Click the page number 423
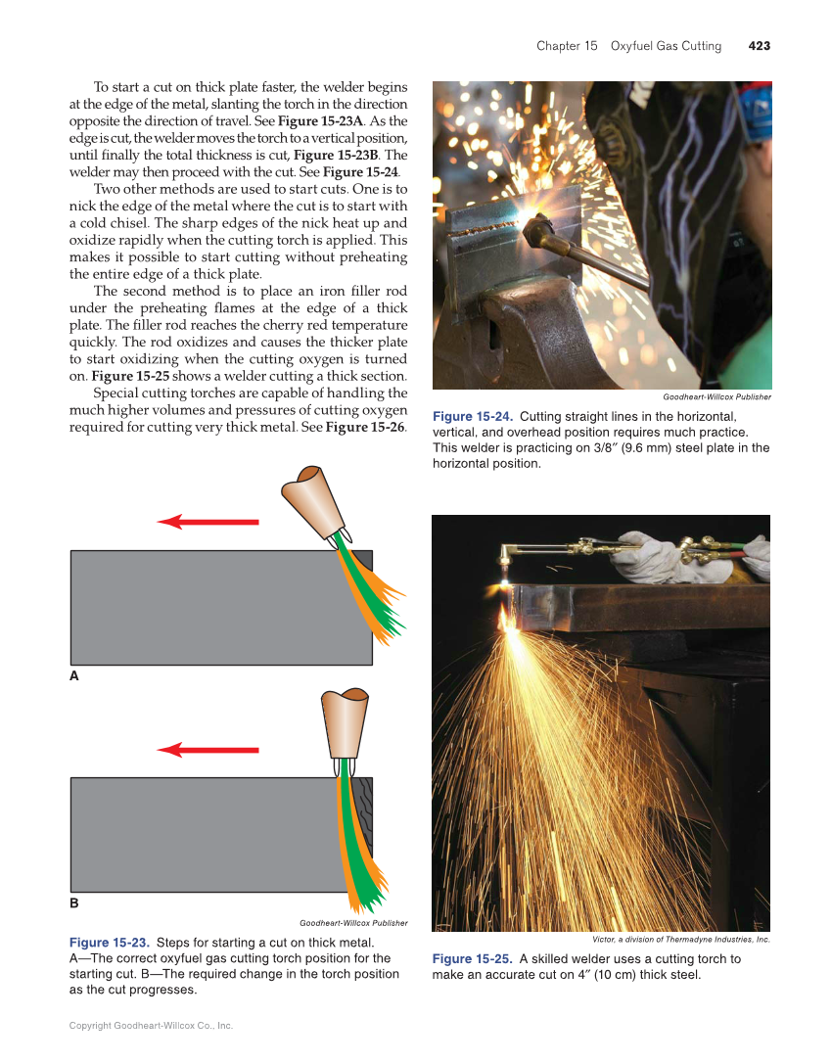(x=759, y=46)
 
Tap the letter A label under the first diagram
(x=73, y=676)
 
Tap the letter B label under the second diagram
(x=73, y=902)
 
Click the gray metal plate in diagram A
(x=196, y=607)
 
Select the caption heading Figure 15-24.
(x=473, y=417)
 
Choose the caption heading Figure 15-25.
(x=473, y=958)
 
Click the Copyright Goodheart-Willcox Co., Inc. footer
(x=151, y=1025)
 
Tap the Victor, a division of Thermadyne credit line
(x=681, y=939)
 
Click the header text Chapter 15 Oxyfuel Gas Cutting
(x=628, y=46)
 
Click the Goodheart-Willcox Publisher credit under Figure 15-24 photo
(x=716, y=396)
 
